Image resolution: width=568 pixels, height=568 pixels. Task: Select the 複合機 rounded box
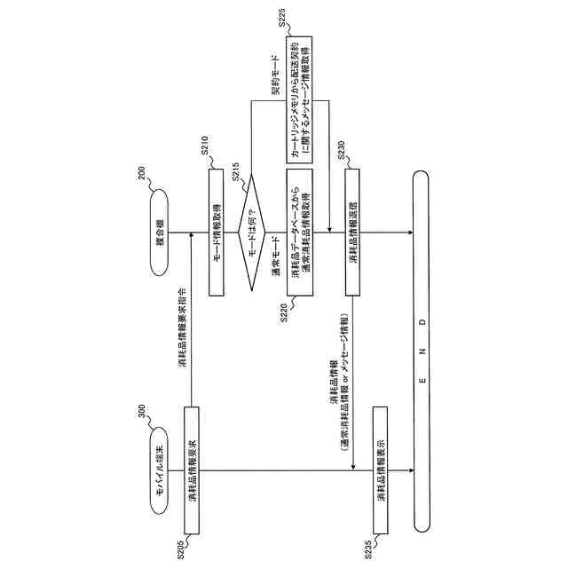click(160, 233)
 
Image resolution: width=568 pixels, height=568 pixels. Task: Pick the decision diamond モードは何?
click(254, 233)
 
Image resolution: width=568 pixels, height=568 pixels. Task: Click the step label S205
click(181, 548)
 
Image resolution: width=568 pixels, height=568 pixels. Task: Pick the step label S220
click(286, 318)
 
